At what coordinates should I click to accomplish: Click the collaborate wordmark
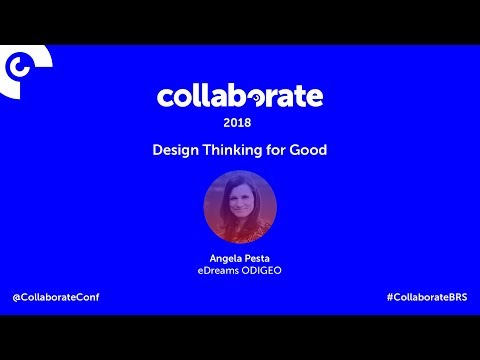(240, 96)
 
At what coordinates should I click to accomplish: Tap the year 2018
(237, 123)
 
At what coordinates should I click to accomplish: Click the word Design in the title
(175, 151)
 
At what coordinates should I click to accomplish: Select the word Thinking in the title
(233, 151)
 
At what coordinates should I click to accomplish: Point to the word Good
(308, 150)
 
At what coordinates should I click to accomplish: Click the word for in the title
(276, 150)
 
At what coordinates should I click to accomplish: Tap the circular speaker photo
(240, 207)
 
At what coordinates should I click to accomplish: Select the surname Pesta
(258, 258)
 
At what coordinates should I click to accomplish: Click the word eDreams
(218, 270)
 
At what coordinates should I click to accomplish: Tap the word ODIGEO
(262, 270)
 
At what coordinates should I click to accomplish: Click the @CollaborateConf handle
(56, 297)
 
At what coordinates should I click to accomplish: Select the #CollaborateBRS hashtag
(427, 297)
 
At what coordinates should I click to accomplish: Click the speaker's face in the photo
(239, 201)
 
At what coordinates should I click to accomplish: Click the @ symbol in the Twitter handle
(17, 297)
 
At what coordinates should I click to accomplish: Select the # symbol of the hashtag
(390, 297)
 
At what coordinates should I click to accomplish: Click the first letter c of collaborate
(165, 98)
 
